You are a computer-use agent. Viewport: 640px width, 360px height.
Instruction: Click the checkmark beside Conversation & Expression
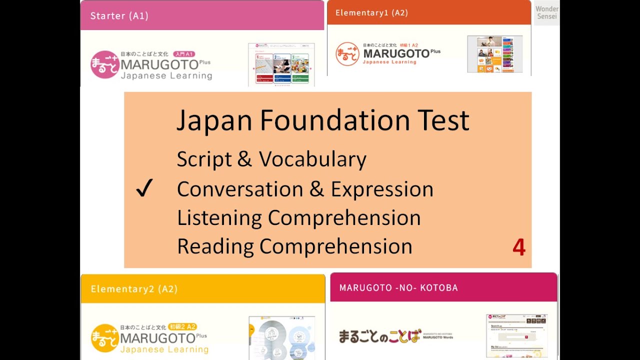pos(144,189)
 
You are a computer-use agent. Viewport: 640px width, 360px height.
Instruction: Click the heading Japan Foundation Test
pos(322,120)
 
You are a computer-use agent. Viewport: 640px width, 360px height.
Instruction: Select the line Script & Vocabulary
pos(271,159)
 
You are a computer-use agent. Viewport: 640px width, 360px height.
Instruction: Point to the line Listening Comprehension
pos(298,218)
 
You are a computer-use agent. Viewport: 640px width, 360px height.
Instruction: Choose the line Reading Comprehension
pos(294,246)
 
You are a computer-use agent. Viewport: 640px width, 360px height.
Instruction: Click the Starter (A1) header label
pos(119,15)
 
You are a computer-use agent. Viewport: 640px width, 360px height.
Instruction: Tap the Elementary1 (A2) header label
pos(371,13)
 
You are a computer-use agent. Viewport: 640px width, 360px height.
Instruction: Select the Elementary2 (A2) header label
pos(134,289)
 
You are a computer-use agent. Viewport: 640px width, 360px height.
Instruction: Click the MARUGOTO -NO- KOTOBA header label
pos(398,287)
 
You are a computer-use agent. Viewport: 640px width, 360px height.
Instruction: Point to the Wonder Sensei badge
pos(546,12)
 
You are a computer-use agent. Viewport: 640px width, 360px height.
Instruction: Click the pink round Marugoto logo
pos(104,64)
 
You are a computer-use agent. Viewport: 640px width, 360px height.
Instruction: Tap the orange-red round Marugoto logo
pos(347,54)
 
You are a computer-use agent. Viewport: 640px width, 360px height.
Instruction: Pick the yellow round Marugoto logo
pos(104,338)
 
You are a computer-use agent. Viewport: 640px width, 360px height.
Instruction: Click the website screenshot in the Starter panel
pos(281,64)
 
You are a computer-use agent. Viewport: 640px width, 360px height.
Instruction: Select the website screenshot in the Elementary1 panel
pos(494,54)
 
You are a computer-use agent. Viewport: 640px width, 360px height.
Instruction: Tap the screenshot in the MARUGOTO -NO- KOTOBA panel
pos(516,335)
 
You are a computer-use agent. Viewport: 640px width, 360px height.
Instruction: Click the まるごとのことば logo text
pos(380,336)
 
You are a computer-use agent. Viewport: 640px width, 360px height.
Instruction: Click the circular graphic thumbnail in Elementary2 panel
pos(281,337)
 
